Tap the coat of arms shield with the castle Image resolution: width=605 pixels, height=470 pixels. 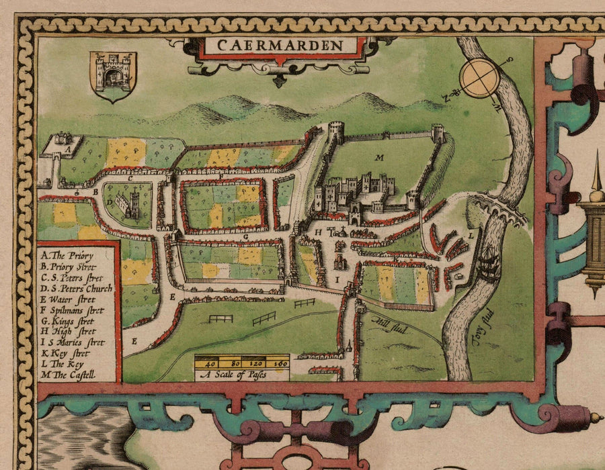click(x=112, y=76)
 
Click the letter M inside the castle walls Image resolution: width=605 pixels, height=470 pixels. click(x=379, y=158)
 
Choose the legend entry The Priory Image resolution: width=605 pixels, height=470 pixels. click(x=67, y=255)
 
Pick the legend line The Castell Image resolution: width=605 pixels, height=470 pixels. click(x=68, y=375)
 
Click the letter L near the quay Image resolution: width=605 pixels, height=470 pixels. click(x=471, y=235)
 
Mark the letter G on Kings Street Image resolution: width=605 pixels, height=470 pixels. click(x=247, y=236)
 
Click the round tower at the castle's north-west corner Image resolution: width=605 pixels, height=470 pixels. click(x=335, y=130)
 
